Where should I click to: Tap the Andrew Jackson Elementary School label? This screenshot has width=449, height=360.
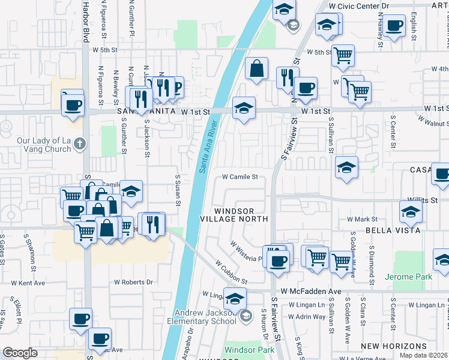(x=205, y=317)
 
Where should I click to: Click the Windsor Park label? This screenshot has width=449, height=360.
(x=249, y=350)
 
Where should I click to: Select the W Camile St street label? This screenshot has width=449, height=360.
(x=240, y=177)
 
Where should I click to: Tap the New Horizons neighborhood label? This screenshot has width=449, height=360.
(x=395, y=346)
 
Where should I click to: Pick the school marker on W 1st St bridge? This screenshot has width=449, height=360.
(x=244, y=108)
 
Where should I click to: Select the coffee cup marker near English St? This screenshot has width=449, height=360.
(x=394, y=26)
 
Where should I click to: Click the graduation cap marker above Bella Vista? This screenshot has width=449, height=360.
(x=411, y=212)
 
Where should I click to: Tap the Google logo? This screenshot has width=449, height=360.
(x=20, y=353)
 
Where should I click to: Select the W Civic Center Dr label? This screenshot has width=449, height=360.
(x=359, y=5)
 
